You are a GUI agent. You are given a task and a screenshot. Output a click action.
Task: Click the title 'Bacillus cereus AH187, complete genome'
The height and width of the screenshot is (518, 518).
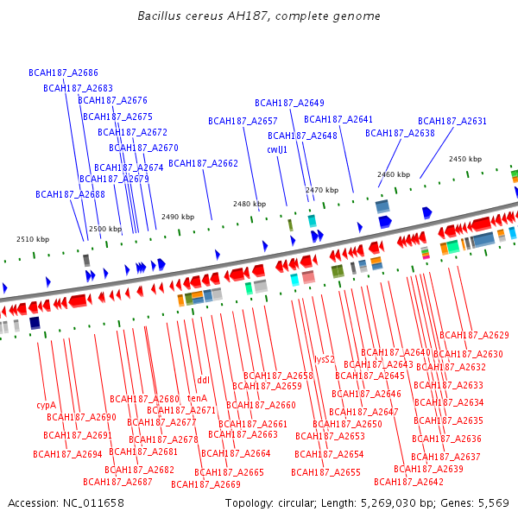pos(258,16)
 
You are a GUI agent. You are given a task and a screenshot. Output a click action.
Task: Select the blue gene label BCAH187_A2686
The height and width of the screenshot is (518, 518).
pos(63,73)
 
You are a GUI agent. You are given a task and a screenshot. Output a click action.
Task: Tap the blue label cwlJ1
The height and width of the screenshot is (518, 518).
pos(277,149)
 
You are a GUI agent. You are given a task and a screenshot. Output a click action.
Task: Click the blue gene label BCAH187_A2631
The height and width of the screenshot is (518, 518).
pos(452,122)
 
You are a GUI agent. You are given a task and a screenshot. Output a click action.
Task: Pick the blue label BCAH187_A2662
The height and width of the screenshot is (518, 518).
pos(203,163)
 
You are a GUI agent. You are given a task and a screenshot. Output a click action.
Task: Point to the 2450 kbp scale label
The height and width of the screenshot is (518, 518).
pos(464,159)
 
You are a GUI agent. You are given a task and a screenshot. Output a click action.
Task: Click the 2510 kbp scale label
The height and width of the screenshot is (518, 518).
pos(33,239)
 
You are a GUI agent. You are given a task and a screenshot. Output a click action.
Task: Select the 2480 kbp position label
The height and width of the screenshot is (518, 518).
pos(250,204)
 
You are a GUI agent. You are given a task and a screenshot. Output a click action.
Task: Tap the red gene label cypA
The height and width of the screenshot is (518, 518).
pos(46,404)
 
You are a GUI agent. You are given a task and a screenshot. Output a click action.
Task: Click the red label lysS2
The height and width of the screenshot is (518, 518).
pos(324,359)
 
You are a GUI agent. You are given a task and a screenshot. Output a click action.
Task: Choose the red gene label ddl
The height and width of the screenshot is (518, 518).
pos(204,379)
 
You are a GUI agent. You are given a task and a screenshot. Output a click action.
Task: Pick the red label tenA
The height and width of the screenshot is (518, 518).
pos(197,398)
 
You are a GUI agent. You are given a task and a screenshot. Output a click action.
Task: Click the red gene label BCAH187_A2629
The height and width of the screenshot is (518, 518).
pos(474,335)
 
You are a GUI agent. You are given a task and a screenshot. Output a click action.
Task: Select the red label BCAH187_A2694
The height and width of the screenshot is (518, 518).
pos(67,454)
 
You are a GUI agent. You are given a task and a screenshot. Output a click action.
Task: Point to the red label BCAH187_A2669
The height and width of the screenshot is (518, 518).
pos(205,484)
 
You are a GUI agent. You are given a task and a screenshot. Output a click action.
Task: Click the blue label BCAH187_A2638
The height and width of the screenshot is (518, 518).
pos(400,133)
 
